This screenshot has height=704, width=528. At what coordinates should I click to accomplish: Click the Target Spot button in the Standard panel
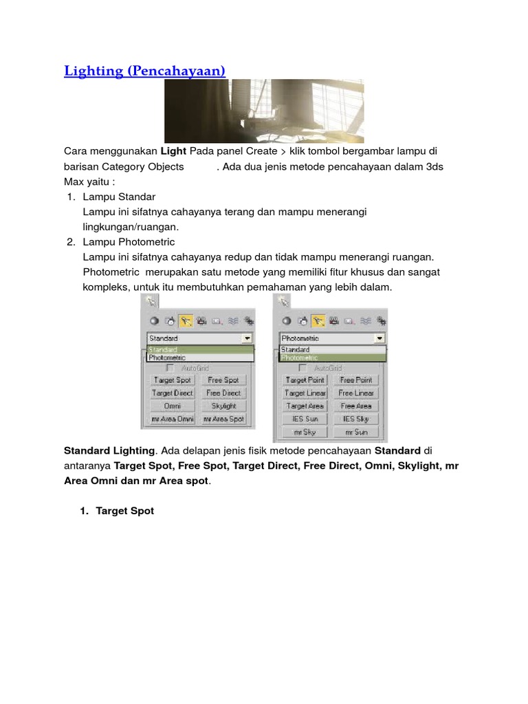coord(173,380)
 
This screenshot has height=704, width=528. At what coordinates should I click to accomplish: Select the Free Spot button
coord(223,380)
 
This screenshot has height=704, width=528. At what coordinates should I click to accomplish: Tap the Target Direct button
coord(173,393)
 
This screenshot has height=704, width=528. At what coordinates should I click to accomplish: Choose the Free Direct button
coord(223,393)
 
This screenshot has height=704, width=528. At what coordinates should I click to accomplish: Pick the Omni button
coord(173,406)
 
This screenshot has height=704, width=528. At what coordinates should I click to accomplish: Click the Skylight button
coord(223,406)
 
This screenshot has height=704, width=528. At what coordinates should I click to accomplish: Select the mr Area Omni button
coord(173,419)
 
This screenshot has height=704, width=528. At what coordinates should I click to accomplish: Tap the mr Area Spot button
coord(223,419)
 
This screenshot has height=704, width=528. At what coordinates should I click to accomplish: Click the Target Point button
coord(305,380)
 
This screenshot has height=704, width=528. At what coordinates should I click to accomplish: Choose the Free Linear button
coord(356,393)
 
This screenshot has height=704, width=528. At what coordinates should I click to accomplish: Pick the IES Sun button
coord(305,419)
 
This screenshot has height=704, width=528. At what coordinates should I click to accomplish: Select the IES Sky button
coord(356,419)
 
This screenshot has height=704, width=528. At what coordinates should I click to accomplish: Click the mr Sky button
coord(305,432)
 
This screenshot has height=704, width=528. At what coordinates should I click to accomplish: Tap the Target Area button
coord(305,406)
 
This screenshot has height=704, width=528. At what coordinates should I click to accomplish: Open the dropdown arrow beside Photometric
coord(379,339)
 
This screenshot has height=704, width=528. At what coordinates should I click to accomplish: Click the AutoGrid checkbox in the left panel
coord(170,368)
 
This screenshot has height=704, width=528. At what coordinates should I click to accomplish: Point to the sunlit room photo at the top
coord(264,111)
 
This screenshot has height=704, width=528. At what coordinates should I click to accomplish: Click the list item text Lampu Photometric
coord(129,242)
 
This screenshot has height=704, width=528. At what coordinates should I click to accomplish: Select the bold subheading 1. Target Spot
coord(124,511)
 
